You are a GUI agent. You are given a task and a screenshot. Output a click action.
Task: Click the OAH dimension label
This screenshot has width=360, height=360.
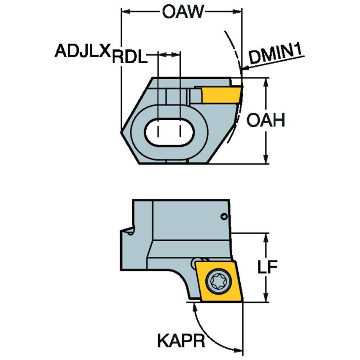coord(266,121)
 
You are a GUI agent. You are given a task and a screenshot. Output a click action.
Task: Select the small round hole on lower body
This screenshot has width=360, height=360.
coord(225,217)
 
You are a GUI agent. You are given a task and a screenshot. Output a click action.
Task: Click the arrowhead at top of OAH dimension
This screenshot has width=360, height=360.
coord(266,82)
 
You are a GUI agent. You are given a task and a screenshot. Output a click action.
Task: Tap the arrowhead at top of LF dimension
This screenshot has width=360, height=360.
coord(266,236)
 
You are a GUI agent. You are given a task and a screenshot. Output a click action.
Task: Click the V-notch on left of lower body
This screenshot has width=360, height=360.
coord(129,232)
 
